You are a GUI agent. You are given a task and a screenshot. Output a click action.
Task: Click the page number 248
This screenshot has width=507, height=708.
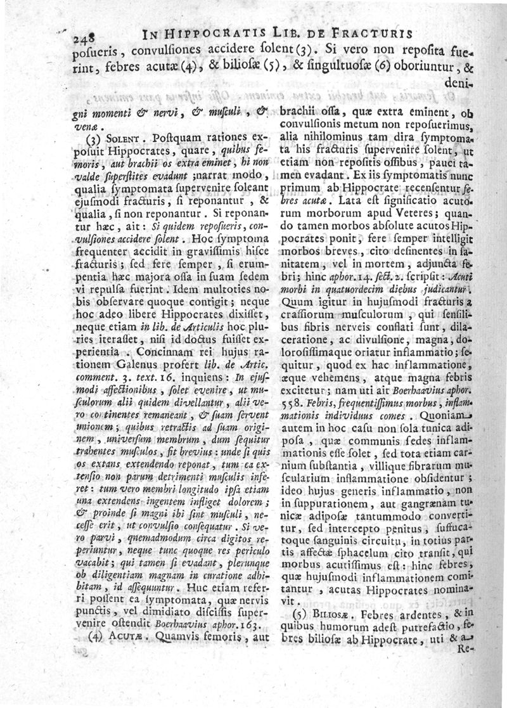tap(84, 36)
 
